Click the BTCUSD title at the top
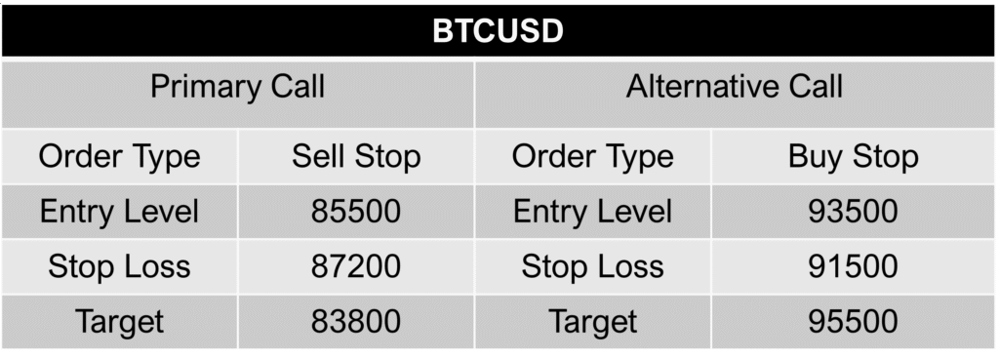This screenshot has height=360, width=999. click(x=499, y=31)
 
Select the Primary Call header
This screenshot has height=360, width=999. click(x=237, y=88)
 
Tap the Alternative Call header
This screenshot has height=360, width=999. click(x=735, y=88)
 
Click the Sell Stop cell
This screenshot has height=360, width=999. click(x=356, y=156)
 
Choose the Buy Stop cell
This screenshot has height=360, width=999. click(x=853, y=156)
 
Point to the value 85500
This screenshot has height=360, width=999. click(x=356, y=212)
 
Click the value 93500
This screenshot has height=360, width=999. click(x=853, y=212)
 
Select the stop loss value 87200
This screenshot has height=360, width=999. click(x=356, y=266)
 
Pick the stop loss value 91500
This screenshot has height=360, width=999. click(x=853, y=266)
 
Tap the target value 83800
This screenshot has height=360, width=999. click(x=356, y=321)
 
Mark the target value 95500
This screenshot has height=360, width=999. click(x=853, y=321)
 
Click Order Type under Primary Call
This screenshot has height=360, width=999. click(x=119, y=156)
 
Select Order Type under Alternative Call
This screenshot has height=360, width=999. click(x=592, y=156)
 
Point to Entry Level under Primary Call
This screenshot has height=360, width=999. click(x=119, y=212)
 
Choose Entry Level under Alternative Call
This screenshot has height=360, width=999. click(x=592, y=212)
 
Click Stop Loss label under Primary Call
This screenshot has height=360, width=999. click(x=119, y=266)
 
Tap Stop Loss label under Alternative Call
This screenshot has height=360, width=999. click(x=592, y=266)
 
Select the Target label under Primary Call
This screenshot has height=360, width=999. click(x=119, y=321)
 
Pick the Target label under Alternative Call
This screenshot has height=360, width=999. click(x=592, y=321)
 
